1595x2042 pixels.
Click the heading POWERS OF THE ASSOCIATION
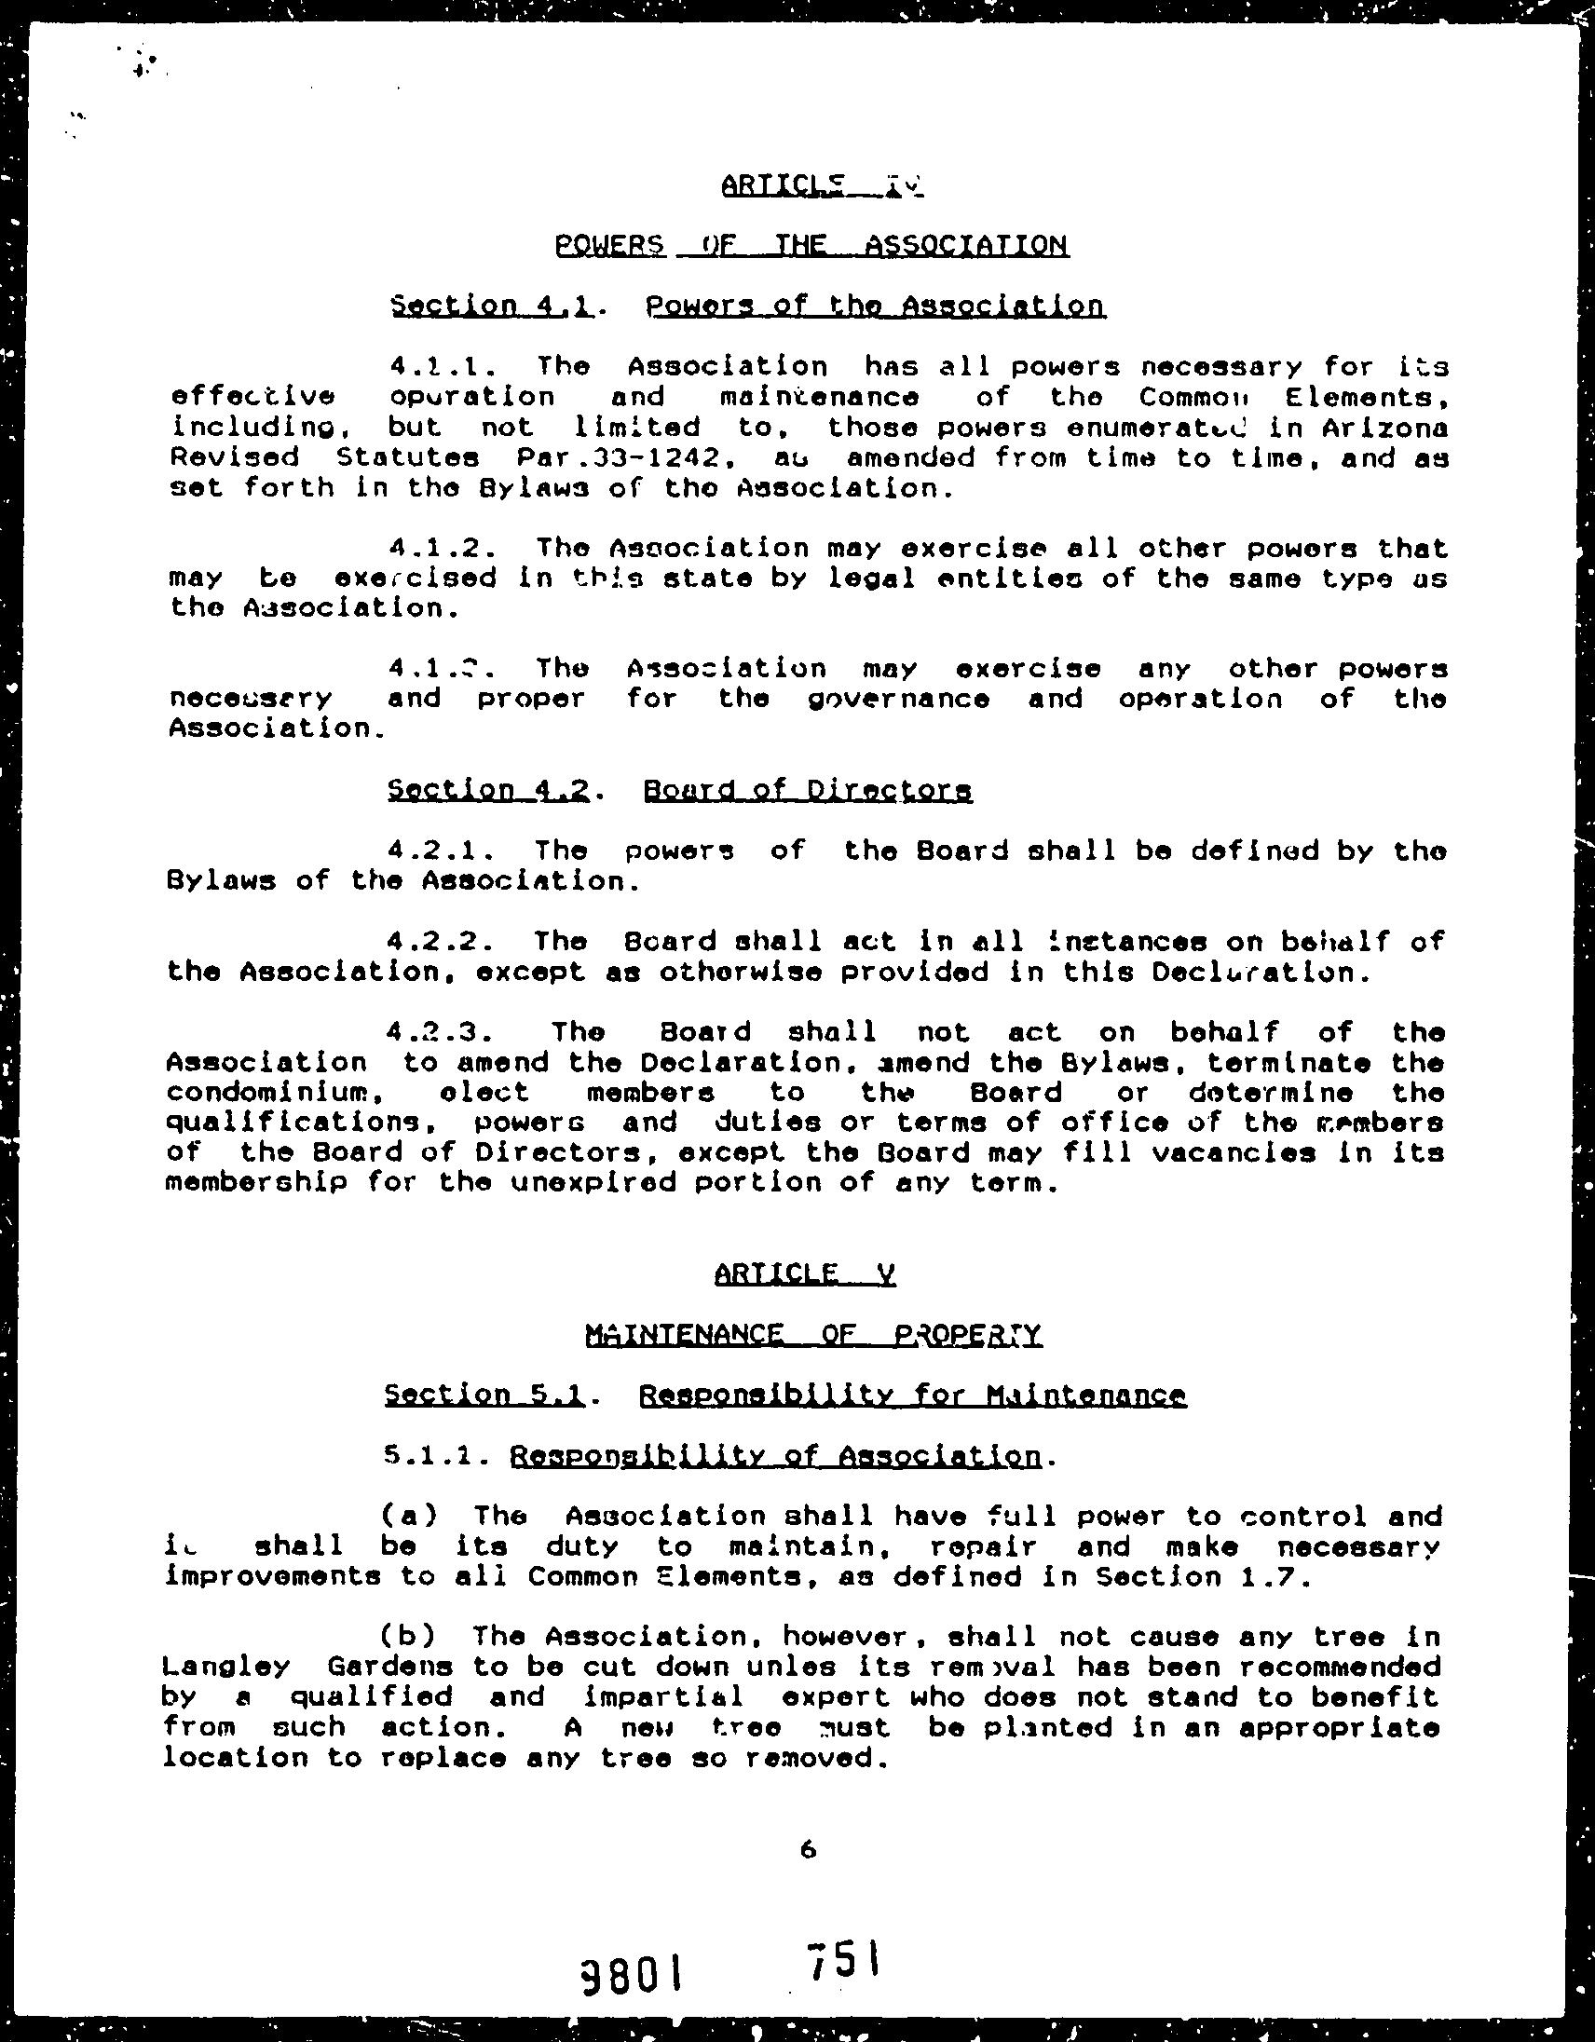(x=811, y=246)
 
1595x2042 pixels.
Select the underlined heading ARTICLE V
(x=804, y=1273)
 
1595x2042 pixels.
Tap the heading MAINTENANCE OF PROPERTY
(x=812, y=1334)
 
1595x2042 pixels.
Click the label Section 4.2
(x=488, y=790)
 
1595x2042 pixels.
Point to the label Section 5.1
(x=484, y=1395)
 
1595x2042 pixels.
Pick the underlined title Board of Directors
(x=808, y=790)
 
